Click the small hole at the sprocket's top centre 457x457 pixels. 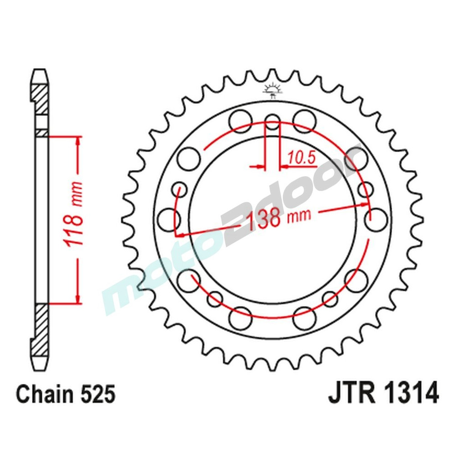coord(273,122)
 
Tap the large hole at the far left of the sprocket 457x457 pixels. coord(168,218)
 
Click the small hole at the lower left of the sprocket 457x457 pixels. coord(214,299)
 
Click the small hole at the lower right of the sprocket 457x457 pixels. coord(330,299)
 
